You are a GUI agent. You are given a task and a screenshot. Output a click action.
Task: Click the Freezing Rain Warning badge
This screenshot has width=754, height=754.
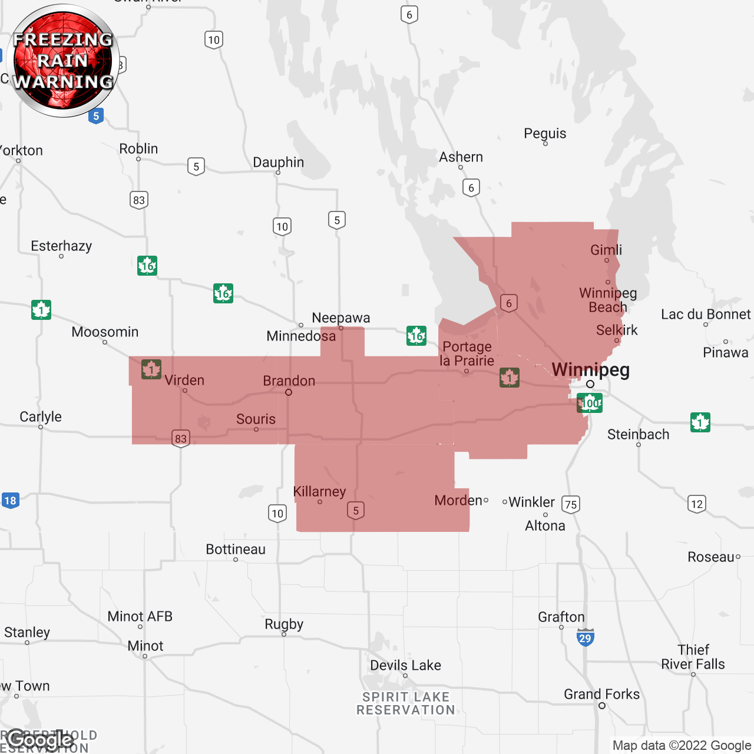64,61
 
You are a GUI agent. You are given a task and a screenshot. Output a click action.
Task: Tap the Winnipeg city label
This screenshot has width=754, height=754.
590,370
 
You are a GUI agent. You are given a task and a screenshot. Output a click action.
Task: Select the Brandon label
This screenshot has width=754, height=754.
289,381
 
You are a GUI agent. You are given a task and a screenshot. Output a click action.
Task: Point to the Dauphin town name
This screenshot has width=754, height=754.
278,163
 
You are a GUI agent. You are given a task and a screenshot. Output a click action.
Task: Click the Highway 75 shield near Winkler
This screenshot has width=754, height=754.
571,504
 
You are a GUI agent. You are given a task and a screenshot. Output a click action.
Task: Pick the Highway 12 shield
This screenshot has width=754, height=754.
697,504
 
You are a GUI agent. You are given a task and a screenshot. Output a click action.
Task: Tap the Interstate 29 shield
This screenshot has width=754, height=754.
585,637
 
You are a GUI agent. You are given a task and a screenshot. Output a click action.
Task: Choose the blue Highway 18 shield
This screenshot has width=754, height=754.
11,501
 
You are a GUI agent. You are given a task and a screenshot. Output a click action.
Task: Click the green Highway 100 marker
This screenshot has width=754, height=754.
589,403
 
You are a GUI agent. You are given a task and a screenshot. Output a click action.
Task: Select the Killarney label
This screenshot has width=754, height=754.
319,491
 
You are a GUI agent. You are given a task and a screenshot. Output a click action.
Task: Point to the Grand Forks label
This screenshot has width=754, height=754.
601,695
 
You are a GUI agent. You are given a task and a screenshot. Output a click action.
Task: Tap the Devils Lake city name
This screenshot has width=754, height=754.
405,666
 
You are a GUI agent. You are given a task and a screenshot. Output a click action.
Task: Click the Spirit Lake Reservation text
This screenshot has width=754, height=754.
406,703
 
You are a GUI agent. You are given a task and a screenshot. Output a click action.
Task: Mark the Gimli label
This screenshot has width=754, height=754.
606,250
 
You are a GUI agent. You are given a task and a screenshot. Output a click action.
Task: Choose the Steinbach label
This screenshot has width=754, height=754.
638,435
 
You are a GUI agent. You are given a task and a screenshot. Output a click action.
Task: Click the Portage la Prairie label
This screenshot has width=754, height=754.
467,353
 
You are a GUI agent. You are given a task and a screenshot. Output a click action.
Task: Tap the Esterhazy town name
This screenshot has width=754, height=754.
61,246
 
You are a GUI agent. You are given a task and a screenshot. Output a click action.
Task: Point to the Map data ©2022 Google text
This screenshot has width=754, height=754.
682,746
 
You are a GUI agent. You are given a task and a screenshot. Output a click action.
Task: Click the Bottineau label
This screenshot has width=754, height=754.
236,550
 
